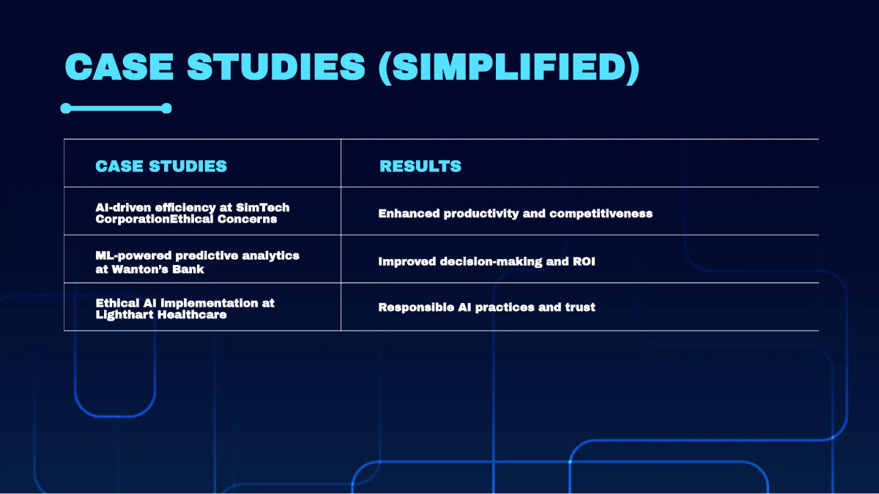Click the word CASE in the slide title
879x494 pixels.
119,67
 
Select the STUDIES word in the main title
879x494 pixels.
275,67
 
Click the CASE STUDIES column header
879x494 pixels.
161,166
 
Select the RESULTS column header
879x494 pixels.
420,166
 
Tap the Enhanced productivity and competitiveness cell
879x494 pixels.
515,214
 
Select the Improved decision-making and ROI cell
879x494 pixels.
486,261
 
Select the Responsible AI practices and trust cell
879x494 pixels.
486,307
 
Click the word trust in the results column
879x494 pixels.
579,307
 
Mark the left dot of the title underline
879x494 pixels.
66,108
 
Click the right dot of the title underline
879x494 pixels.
166,108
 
